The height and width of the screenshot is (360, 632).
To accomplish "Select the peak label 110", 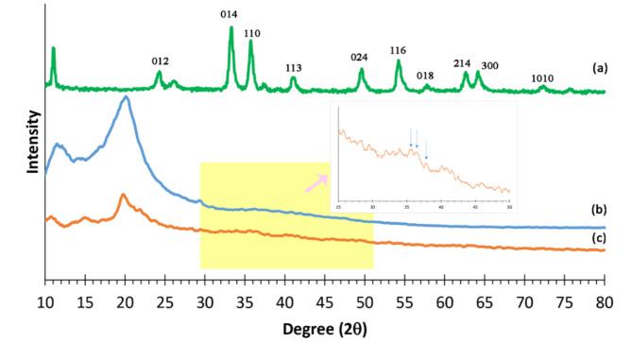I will click(252, 33).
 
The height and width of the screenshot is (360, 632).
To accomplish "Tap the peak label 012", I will click(160, 61).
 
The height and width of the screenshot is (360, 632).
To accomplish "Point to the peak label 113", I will click(293, 67).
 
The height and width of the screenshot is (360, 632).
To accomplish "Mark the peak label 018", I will click(425, 76).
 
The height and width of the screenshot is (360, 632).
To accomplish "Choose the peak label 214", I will click(462, 63).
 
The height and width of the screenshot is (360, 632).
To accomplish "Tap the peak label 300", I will click(489, 66).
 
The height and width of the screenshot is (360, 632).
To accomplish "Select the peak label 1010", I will click(542, 78).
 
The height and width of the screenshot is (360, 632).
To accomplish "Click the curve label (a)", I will click(598, 69).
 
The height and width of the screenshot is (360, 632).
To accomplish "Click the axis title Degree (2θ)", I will click(324, 332).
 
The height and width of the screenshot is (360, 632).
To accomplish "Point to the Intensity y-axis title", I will click(34, 142).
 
